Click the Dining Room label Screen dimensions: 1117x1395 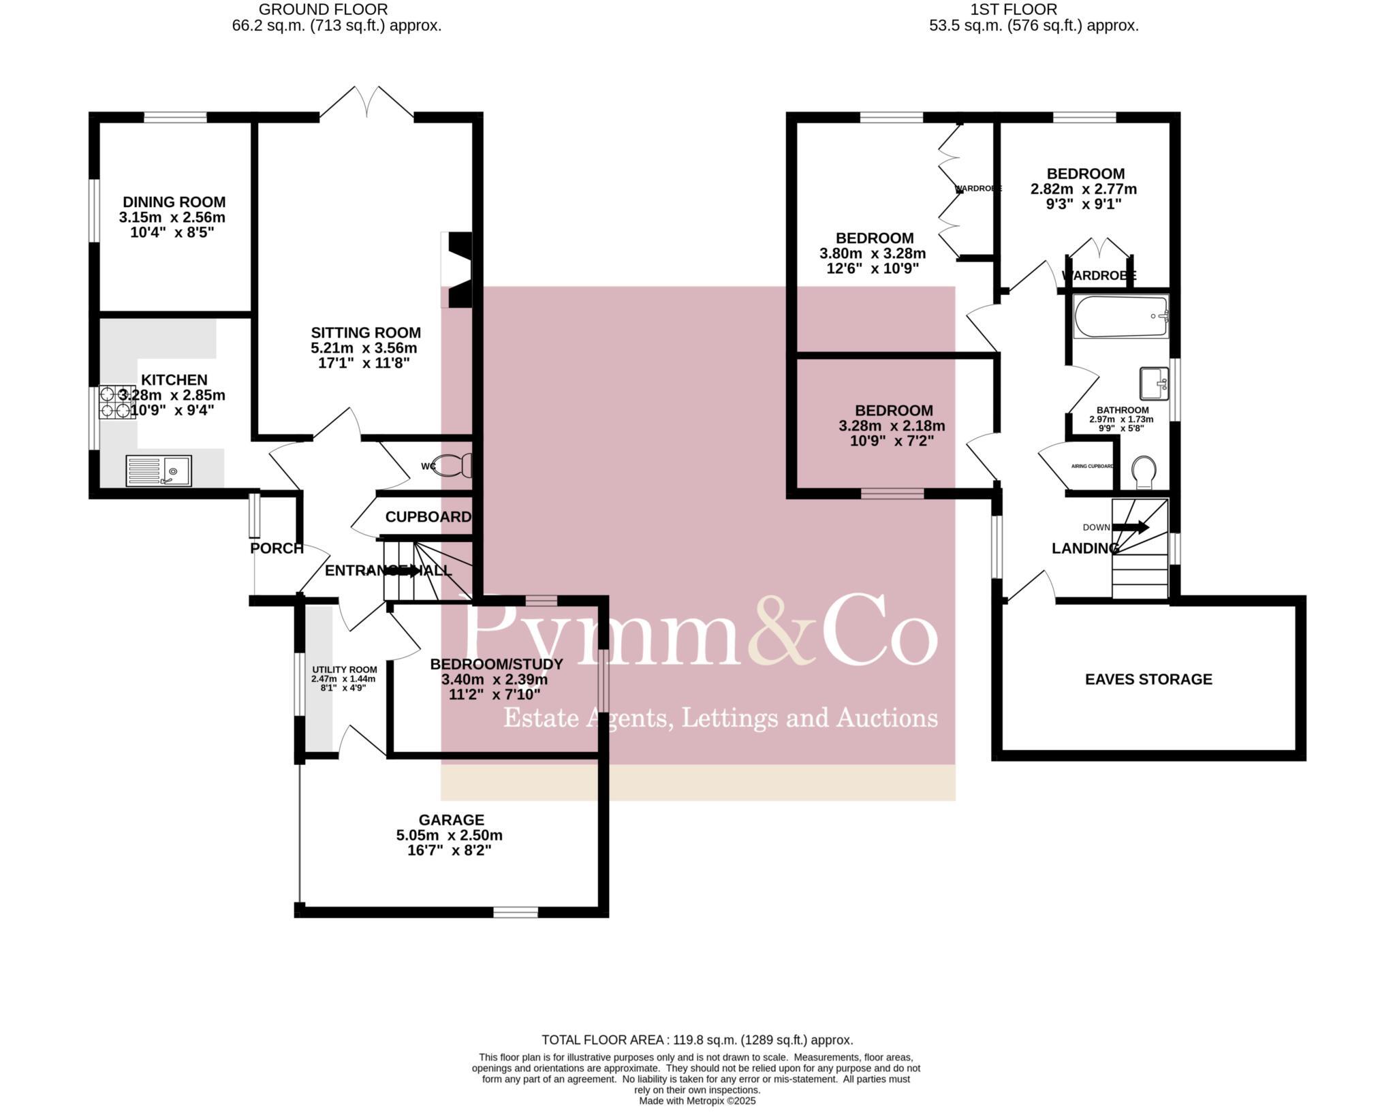(174, 202)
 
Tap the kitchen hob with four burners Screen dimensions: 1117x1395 (116, 402)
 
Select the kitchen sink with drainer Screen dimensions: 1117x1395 (159, 471)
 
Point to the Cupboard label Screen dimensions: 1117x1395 (428, 517)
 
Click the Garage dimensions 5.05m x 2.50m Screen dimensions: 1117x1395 (449, 835)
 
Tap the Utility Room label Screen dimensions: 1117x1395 (344, 670)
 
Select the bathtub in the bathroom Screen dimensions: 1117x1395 (1120, 317)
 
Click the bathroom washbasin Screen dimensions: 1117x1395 (1154, 383)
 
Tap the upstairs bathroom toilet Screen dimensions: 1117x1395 (1144, 471)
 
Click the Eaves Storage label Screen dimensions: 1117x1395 (1148, 679)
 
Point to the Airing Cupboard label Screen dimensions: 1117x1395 (1093, 467)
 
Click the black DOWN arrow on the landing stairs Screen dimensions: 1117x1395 (1131, 527)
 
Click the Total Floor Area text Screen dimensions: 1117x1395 (697, 1040)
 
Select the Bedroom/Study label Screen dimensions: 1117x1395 (497, 664)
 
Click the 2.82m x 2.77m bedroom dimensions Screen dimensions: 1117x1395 (1083, 189)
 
